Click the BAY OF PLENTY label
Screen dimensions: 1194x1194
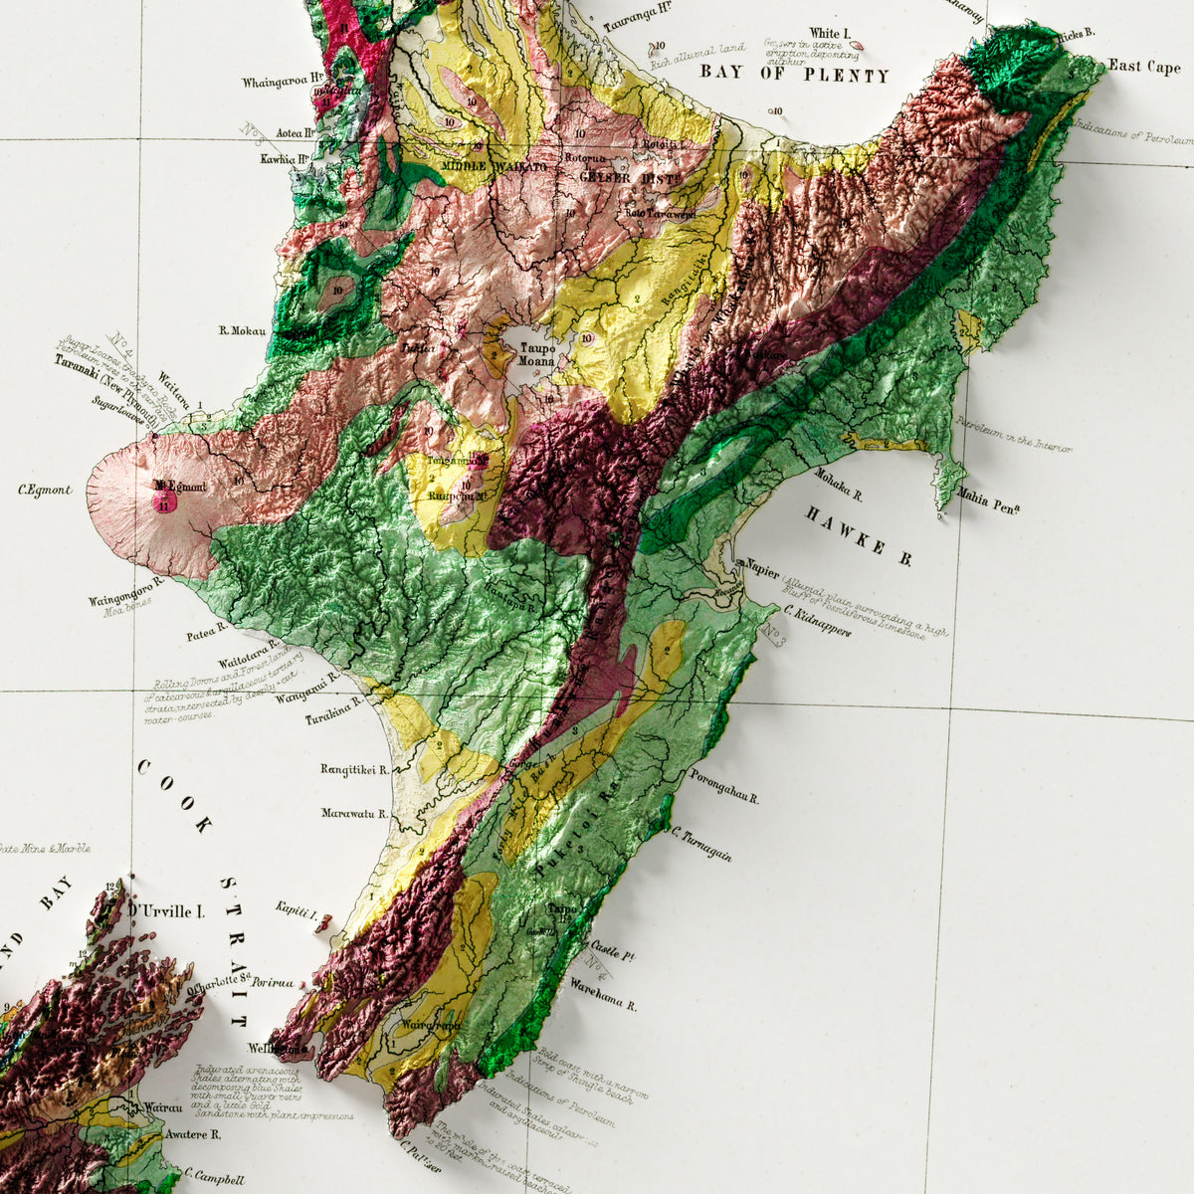tap(793, 74)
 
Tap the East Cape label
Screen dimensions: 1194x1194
tap(1144, 67)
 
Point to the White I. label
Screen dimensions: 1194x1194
tap(830, 34)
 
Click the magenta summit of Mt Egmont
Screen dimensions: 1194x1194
tap(163, 500)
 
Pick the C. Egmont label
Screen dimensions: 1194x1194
tap(45, 490)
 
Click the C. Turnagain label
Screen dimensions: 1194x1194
tap(702, 845)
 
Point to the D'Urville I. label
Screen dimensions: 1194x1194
tap(165, 910)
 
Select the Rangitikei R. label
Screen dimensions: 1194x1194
tap(354, 769)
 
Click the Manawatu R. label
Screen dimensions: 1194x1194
tap(354, 813)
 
